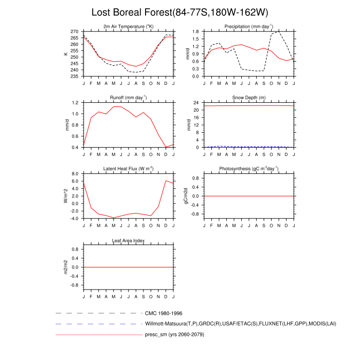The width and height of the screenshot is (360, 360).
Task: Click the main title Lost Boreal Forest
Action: click(179, 12)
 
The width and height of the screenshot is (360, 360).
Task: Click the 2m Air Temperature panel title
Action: click(129, 26)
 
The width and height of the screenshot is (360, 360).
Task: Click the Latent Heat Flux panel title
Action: click(129, 169)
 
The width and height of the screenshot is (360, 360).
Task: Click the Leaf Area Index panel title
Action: click(129, 240)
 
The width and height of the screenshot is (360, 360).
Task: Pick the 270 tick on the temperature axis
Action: click(75, 31)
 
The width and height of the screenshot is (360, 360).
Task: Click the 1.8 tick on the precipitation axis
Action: click(196, 31)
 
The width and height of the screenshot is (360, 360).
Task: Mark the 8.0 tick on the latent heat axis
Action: click(75, 174)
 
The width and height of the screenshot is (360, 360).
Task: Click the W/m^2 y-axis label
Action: click(65, 196)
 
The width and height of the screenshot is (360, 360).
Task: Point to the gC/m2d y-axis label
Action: click(186, 196)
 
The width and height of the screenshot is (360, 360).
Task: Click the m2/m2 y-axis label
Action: click(65, 267)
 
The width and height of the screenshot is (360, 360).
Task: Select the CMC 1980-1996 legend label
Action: click(164, 313)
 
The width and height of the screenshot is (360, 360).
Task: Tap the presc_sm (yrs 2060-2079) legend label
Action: click(178, 335)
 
